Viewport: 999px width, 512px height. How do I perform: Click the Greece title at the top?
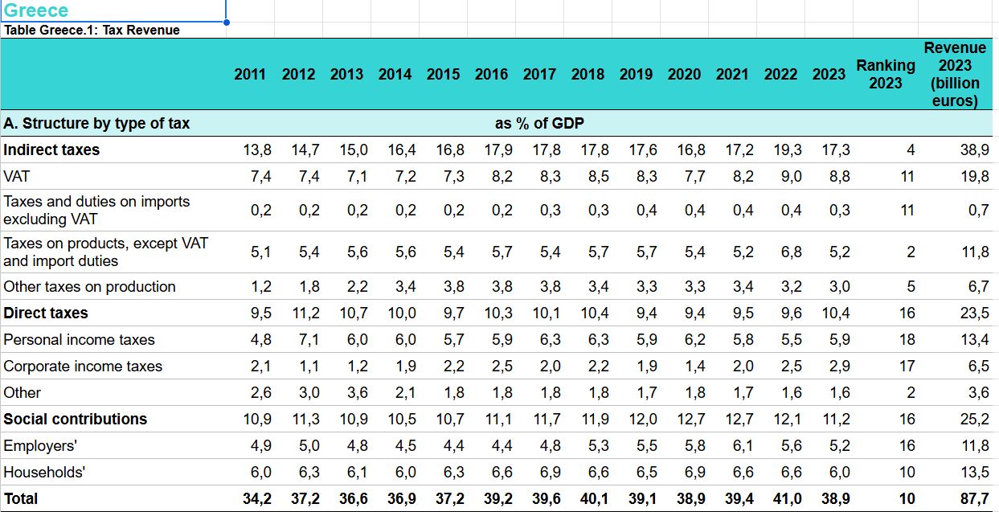click(x=36, y=11)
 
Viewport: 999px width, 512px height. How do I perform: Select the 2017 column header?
click(x=539, y=74)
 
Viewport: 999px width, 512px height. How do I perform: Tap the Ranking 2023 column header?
click(x=886, y=74)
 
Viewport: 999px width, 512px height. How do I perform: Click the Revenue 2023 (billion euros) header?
click(x=955, y=74)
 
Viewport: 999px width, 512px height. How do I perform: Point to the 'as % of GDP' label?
click(x=539, y=124)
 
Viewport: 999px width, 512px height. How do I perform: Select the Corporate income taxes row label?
click(x=83, y=367)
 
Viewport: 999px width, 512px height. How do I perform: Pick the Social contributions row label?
click(x=76, y=419)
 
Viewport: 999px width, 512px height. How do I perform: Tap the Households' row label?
click(x=43, y=472)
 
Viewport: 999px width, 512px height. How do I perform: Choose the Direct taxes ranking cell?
click(x=907, y=313)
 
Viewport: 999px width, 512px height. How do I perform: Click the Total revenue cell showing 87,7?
click(x=976, y=499)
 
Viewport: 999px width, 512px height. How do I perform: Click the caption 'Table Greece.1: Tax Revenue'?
click(x=92, y=31)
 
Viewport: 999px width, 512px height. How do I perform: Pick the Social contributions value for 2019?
click(x=642, y=419)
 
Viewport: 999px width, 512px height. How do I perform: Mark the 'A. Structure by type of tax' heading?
click(x=96, y=124)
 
